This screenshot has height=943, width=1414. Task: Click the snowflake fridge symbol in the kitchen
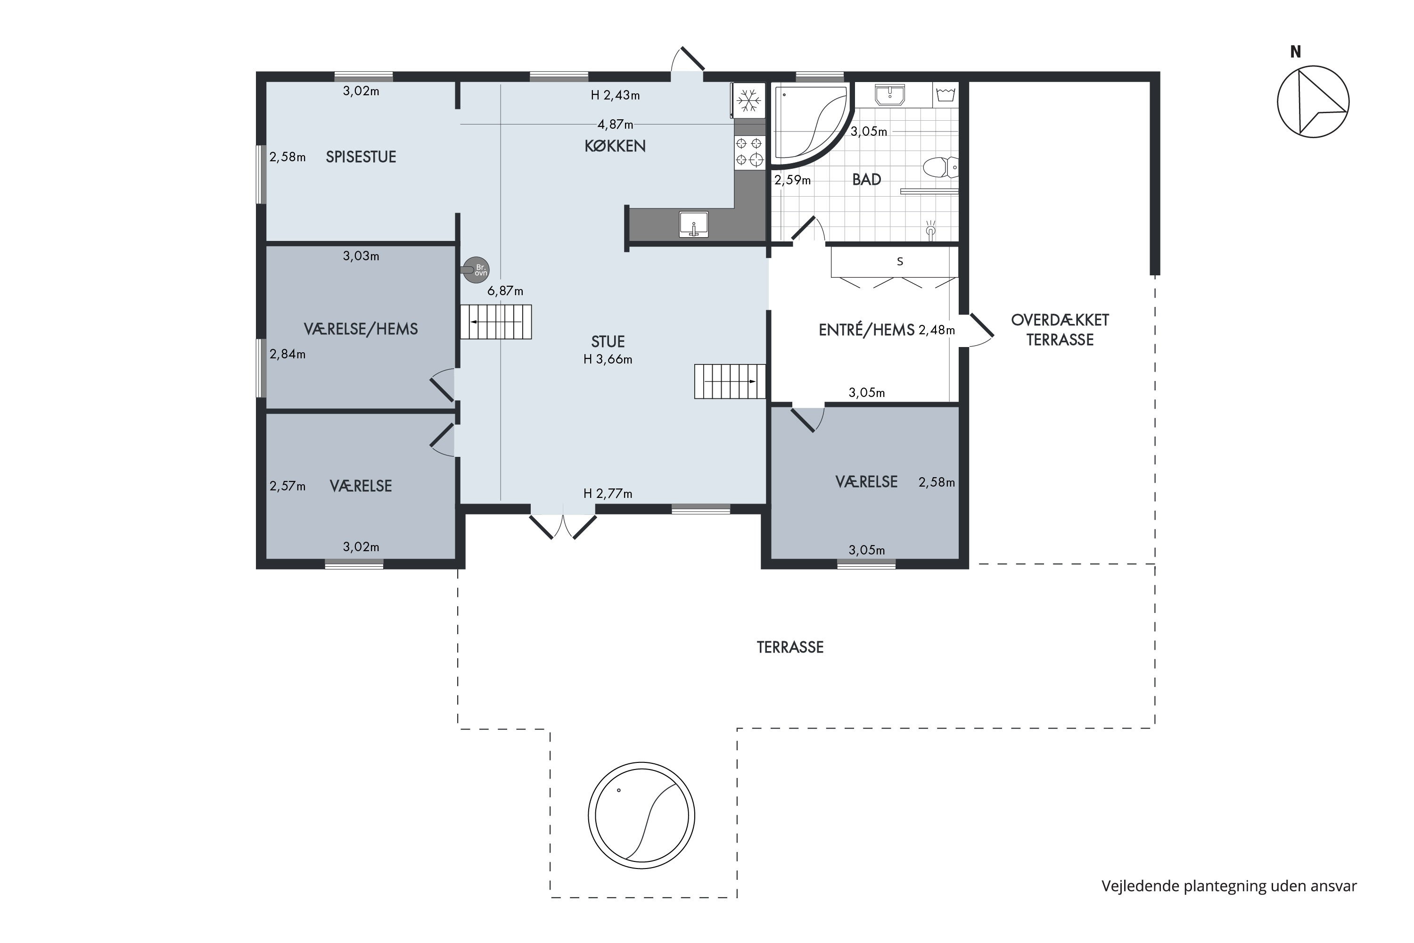click(748, 100)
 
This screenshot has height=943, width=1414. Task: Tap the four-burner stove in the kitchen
click(749, 151)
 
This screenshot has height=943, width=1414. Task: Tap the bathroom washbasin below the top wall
click(890, 95)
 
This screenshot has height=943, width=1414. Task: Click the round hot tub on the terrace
click(641, 816)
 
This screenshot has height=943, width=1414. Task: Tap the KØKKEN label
click(615, 146)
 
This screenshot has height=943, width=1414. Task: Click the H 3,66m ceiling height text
click(608, 359)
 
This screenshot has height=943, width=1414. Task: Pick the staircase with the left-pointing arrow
click(496, 322)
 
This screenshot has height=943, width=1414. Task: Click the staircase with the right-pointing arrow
click(730, 381)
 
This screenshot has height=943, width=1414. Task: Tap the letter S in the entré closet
click(900, 262)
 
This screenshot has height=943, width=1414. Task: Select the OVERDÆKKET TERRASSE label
click(1060, 330)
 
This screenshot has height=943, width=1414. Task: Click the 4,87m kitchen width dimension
click(615, 124)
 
